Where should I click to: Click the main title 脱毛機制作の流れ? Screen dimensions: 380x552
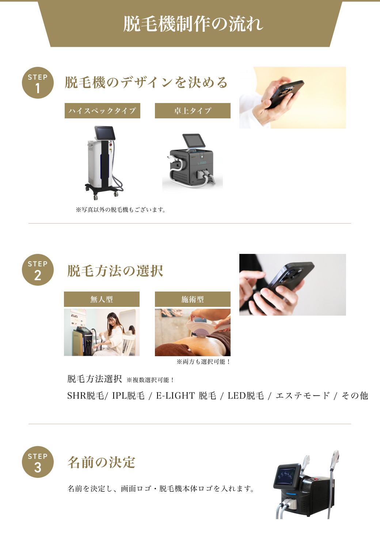tap(193, 24)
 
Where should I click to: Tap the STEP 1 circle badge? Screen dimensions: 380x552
tap(38, 83)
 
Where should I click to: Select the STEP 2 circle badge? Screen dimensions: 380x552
tap(38, 270)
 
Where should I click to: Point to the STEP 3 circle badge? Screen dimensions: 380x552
tap(38, 462)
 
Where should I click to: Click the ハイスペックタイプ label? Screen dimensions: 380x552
tap(102, 111)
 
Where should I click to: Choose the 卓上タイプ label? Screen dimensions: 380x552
tap(193, 111)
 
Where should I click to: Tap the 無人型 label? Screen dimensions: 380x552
tap(102, 299)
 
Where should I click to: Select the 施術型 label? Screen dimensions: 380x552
tap(193, 299)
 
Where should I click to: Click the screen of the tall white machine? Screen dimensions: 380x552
tap(105, 133)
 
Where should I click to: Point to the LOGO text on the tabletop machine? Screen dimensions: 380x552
tap(202, 163)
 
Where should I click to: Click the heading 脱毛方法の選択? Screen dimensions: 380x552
tap(115, 271)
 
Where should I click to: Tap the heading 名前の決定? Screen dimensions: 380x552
tap(101, 462)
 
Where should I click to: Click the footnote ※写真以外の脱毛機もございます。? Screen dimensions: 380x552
tap(121, 210)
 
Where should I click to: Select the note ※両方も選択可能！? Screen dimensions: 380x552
tap(204, 362)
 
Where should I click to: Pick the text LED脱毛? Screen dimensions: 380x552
tap(246, 396)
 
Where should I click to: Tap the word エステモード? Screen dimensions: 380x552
tap(303, 396)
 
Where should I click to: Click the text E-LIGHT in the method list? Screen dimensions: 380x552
tap(175, 396)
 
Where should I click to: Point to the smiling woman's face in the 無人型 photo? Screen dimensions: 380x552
tap(113, 320)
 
